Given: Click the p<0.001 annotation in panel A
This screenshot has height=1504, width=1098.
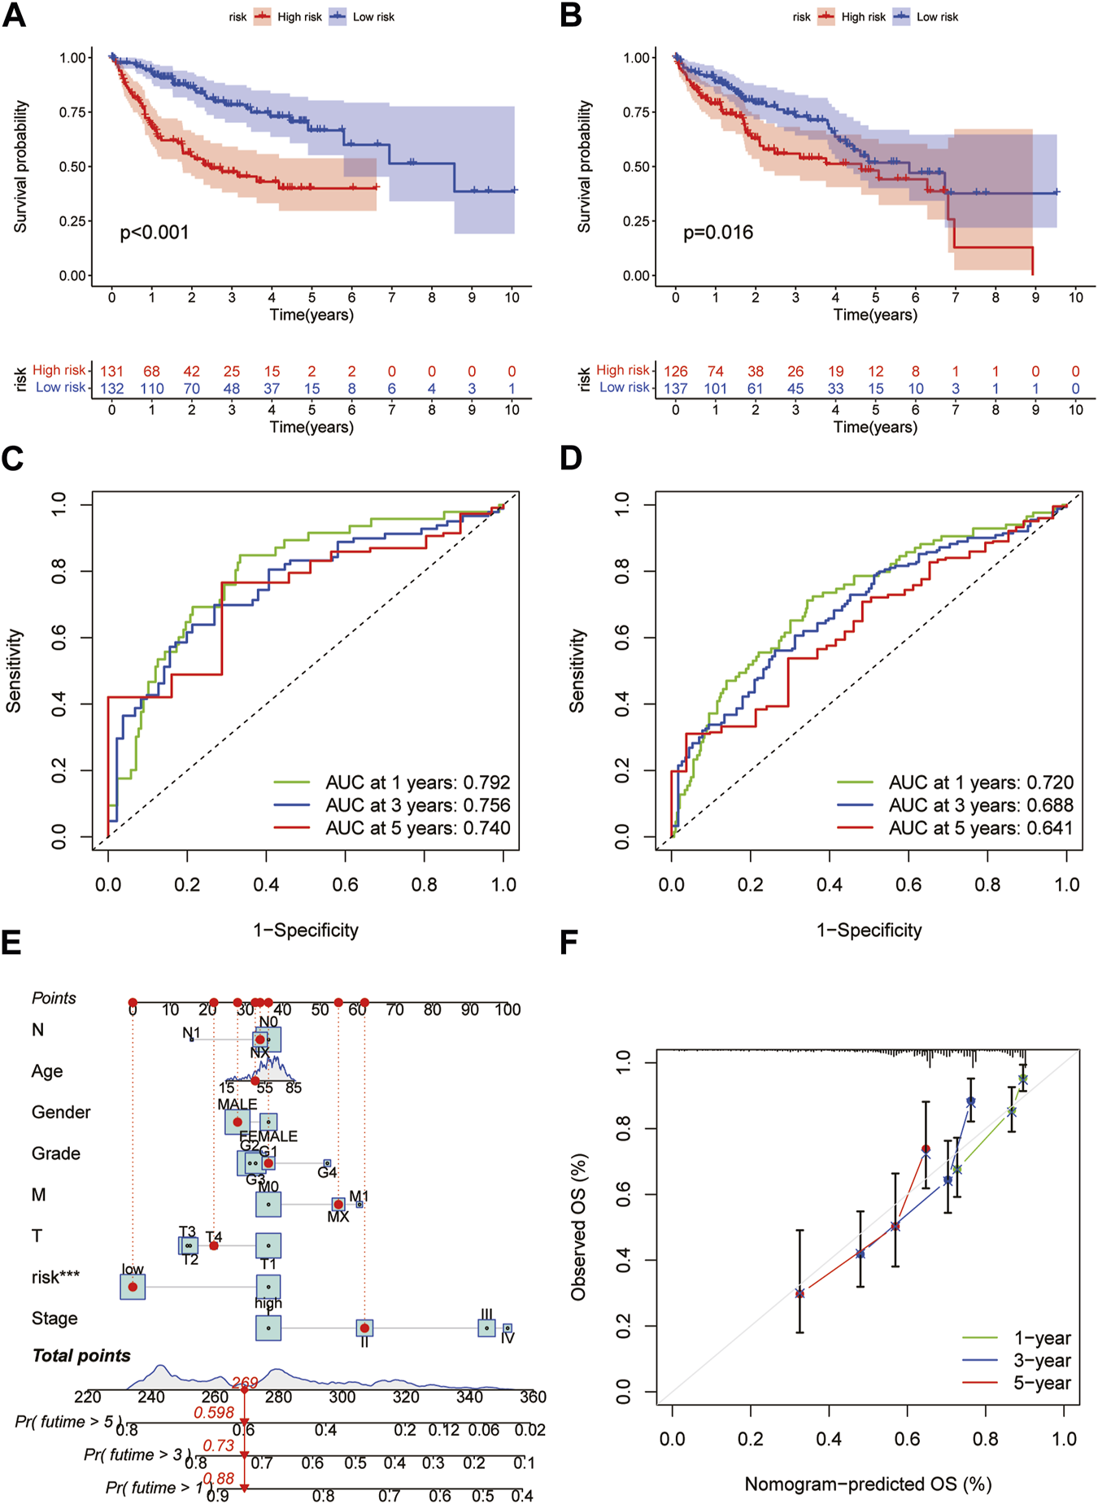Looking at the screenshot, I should (155, 233).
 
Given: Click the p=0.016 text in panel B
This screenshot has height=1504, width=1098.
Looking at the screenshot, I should (718, 233).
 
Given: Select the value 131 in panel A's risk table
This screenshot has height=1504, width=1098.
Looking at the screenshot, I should (111, 371).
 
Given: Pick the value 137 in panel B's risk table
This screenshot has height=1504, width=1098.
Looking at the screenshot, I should (675, 389).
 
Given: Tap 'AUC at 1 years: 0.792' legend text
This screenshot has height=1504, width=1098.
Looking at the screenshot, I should (418, 783).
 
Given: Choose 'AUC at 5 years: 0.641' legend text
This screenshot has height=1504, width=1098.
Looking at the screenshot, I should (981, 828).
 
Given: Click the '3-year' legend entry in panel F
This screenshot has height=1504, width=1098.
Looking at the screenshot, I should (1042, 1360).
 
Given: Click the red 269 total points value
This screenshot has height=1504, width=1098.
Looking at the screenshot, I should (245, 1383).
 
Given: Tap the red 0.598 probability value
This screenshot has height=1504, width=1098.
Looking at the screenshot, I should (214, 1412).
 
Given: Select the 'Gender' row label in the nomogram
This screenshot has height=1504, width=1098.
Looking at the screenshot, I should (61, 1112).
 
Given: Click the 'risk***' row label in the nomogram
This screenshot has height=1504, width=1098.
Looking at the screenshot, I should (55, 1277).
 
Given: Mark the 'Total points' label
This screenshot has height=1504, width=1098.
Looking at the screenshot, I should (81, 1355).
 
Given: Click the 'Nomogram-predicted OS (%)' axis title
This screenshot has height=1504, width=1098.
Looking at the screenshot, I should (868, 1484).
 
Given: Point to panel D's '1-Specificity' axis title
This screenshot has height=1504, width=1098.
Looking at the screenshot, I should (869, 930).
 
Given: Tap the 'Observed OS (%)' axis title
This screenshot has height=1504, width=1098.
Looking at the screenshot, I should (578, 1227).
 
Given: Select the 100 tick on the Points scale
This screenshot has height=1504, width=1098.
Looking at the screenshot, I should (508, 1009).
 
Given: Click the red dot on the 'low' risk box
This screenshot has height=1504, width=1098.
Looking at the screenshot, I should (133, 1287).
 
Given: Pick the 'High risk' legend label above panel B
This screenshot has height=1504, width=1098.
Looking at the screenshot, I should (863, 16).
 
